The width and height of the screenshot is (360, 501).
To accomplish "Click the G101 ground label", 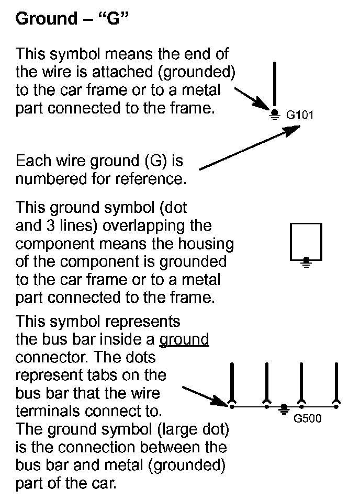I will click(299, 115).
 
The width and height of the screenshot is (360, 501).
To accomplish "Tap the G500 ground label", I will click(307, 418).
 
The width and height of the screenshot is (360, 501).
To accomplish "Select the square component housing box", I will click(306, 241).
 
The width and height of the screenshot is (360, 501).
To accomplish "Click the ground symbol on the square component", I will click(307, 261).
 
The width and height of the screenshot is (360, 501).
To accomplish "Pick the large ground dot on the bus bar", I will click(284, 407).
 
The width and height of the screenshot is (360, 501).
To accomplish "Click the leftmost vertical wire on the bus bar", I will click(231, 381).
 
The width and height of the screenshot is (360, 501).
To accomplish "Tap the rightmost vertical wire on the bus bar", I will click(336, 381).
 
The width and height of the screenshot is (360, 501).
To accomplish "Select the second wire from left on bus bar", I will click(267, 381).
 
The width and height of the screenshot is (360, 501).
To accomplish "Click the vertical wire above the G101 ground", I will click(274, 84).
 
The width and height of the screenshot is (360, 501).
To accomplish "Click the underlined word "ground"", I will click(184, 339).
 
